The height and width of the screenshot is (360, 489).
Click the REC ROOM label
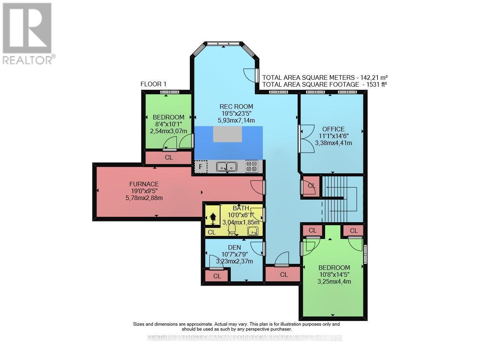(x=236, y=107)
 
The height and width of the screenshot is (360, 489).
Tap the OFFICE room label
(x=333, y=129)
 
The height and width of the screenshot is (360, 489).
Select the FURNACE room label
(x=144, y=184)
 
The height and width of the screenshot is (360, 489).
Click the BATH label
(x=241, y=208)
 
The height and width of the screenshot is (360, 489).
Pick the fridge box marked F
(x=201, y=167)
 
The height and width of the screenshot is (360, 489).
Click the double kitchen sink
(x=227, y=167)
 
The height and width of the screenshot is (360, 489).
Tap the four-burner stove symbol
(x=251, y=167)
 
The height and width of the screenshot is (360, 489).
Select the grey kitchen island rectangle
(x=227, y=134)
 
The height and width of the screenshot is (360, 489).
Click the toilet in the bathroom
(x=232, y=229)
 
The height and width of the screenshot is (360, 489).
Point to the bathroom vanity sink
(x=253, y=231)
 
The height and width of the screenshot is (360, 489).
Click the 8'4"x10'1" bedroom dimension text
(x=168, y=124)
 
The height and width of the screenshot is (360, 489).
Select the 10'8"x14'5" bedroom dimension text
(x=334, y=274)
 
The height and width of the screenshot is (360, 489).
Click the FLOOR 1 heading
(x=154, y=84)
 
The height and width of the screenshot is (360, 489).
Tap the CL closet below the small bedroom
(x=168, y=157)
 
